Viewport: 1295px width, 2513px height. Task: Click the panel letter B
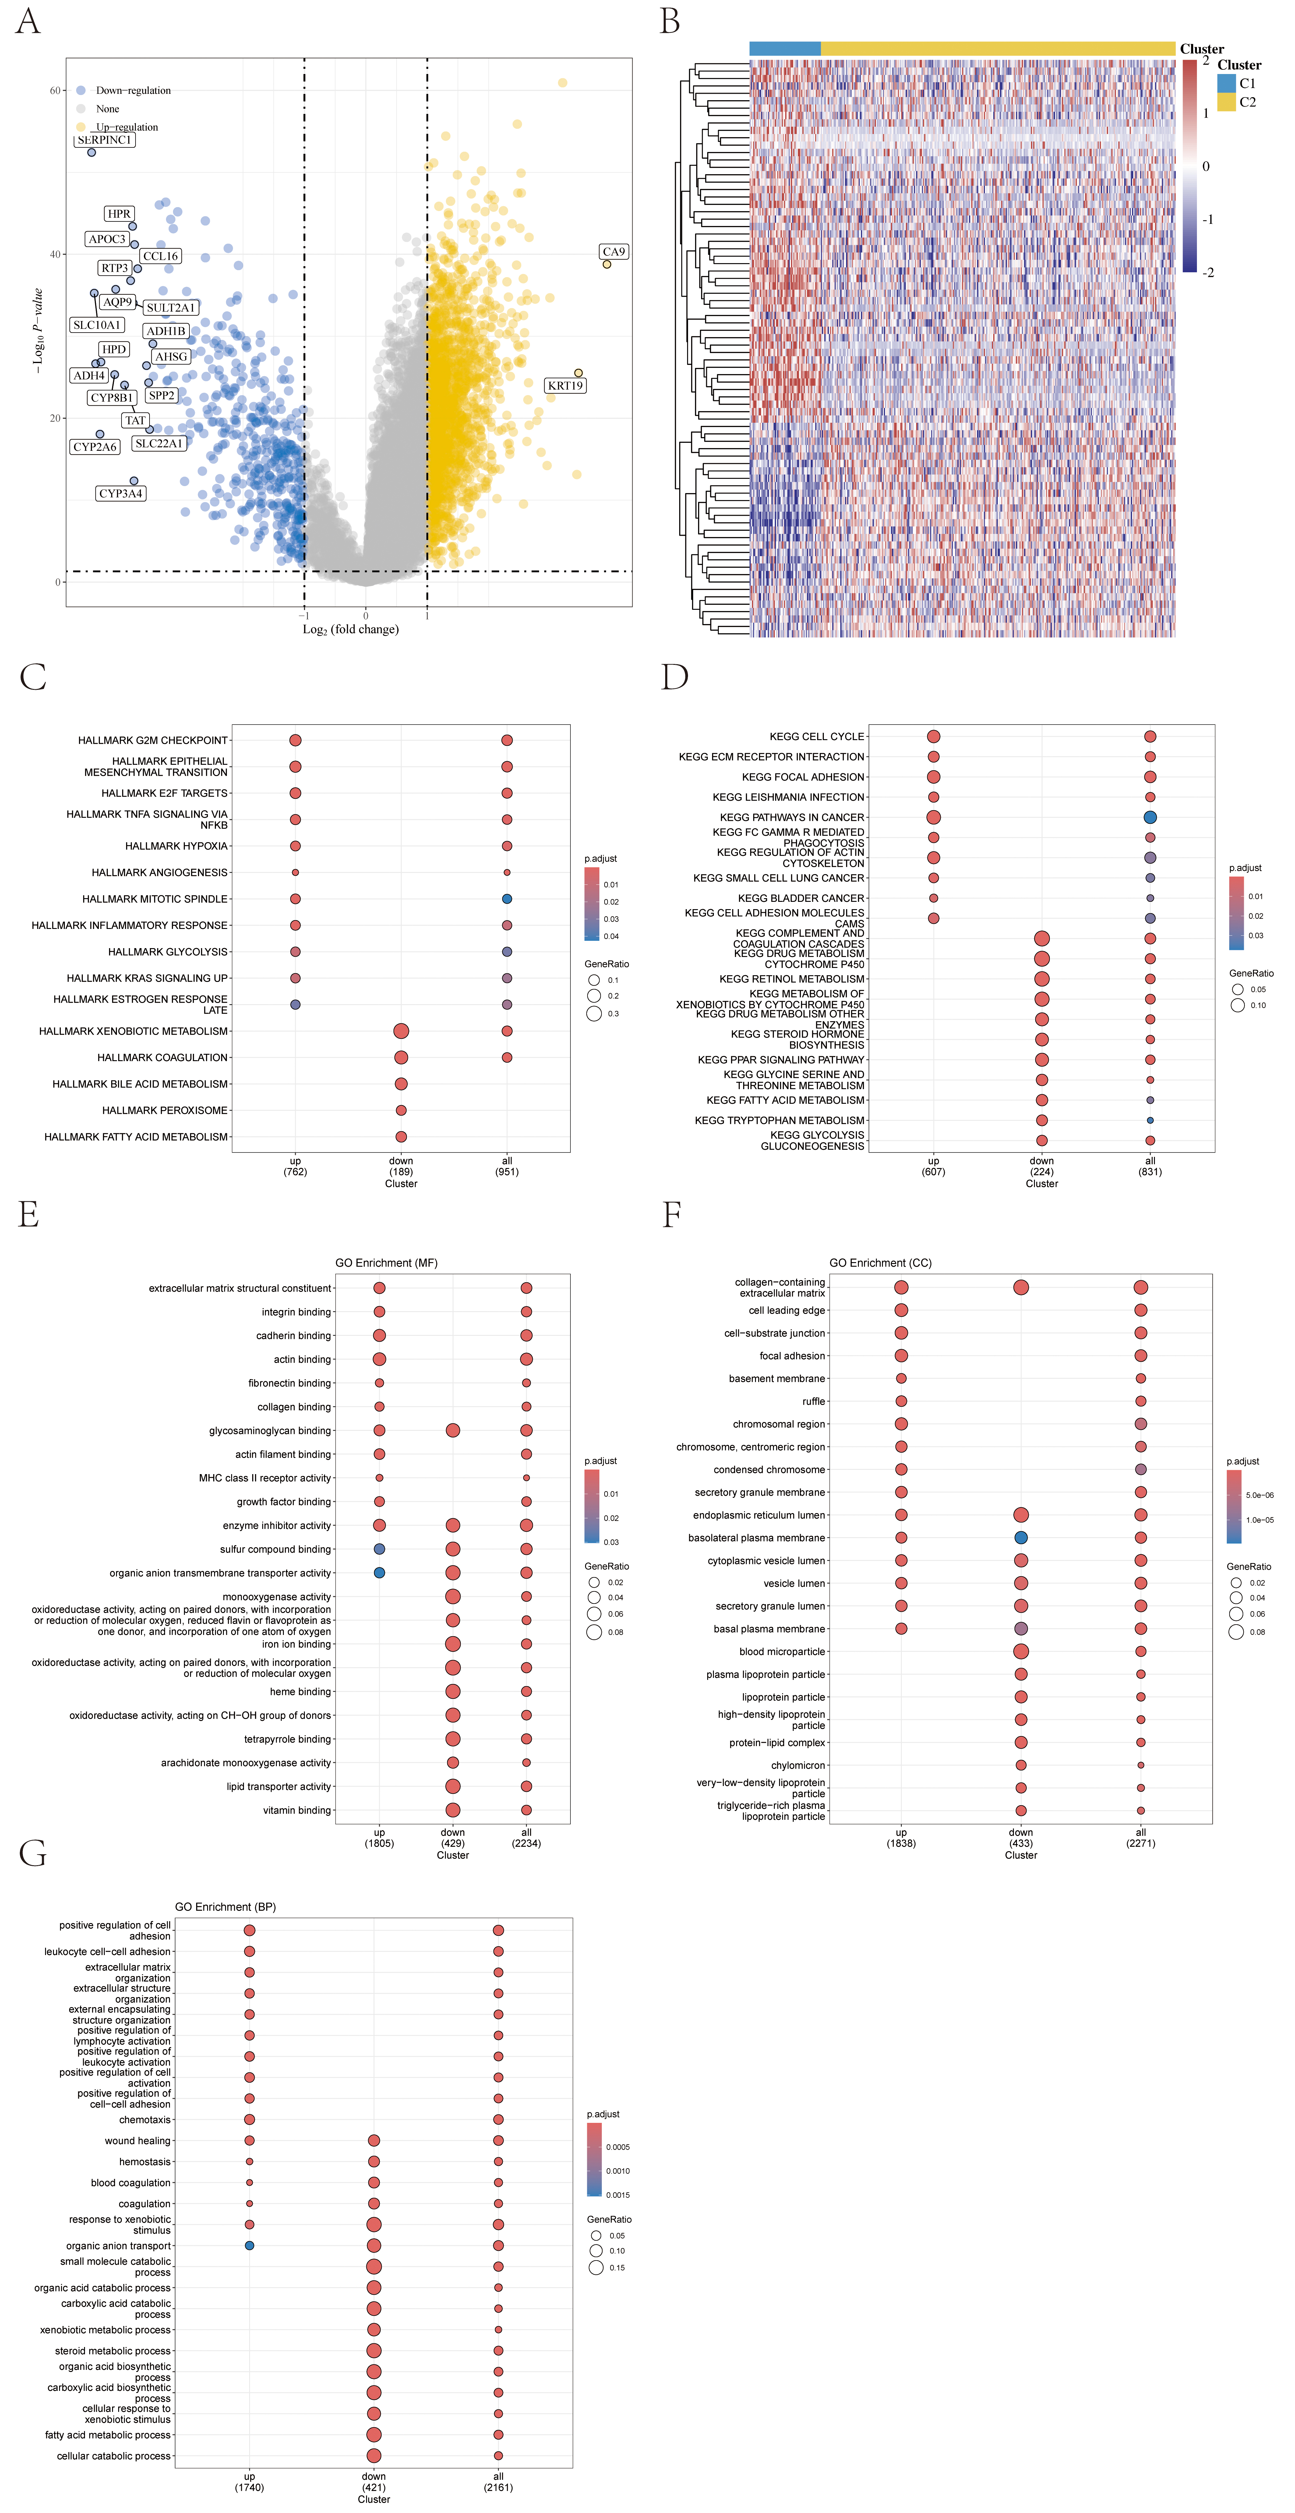click(x=669, y=21)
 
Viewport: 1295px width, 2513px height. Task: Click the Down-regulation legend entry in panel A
click(x=133, y=91)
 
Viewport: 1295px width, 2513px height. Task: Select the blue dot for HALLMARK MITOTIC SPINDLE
click(x=506, y=898)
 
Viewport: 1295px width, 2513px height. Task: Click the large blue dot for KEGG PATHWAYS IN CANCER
click(x=1150, y=817)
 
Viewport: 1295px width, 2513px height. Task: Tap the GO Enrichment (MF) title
click(x=386, y=1262)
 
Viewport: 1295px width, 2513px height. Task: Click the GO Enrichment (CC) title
click(x=880, y=1262)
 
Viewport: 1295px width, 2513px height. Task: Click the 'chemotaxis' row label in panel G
click(x=144, y=2120)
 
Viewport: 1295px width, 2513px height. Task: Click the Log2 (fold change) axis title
click(x=350, y=629)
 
